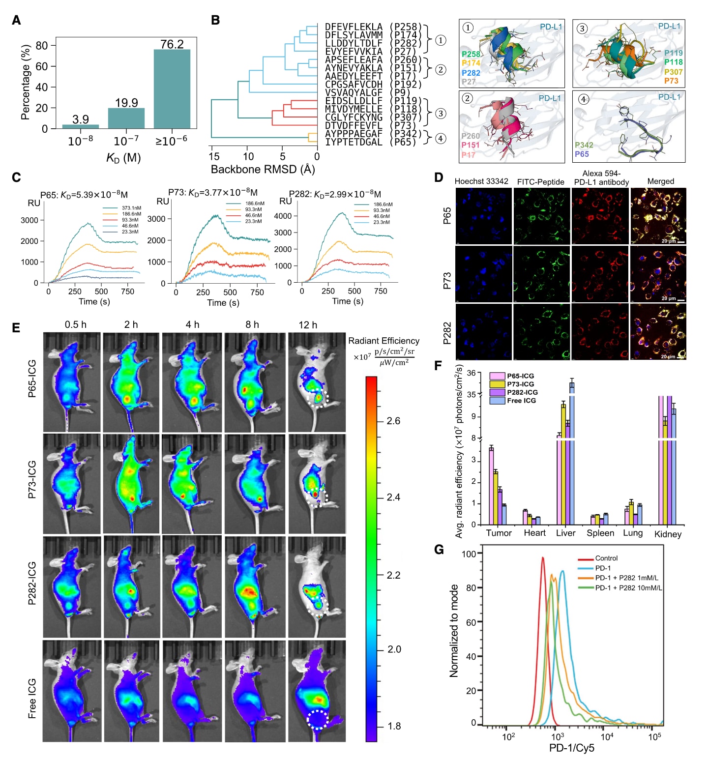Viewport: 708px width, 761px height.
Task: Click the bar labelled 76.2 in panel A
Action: click(x=172, y=88)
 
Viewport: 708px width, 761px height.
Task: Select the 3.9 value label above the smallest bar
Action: click(x=80, y=119)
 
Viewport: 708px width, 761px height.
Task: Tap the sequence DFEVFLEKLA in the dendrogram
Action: click(x=354, y=27)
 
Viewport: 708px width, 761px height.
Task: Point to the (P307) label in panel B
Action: click(x=406, y=117)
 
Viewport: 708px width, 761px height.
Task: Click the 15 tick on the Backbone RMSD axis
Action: click(x=214, y=156)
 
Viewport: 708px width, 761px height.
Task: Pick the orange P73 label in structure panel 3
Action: click(x=671, y=81)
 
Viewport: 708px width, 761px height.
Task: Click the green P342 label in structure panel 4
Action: click(x=584, y=145)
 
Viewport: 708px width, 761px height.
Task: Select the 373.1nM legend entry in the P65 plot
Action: click(x=130, y=208)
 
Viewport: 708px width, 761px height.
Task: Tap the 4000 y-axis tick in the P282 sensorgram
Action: click(x=283, y=216)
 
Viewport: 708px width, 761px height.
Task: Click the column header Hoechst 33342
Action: click(x=481, y=181)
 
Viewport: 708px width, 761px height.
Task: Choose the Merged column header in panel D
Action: click(x=660, y=181)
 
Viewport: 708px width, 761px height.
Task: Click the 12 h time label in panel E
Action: click(x=308, y=325)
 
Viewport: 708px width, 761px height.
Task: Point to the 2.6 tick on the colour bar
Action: click(x=393, y=421)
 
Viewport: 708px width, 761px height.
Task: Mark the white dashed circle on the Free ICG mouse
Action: click(x=317, y=719)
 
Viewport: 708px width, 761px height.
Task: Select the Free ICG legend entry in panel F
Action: click(x=521, y=401)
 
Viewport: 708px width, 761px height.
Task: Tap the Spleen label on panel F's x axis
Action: click(x=600, y=533)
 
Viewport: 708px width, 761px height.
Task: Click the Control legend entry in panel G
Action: click(x=606, y=558)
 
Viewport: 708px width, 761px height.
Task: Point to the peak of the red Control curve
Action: click(x=543, y=557)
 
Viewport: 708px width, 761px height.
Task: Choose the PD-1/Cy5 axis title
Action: click(x=572, y=748)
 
